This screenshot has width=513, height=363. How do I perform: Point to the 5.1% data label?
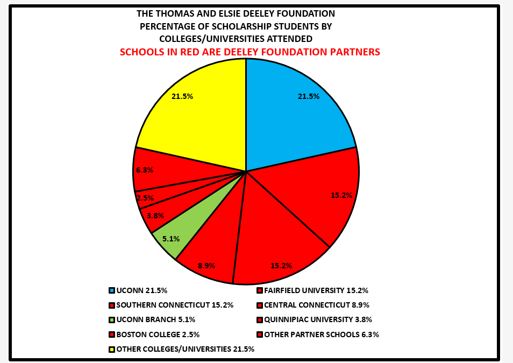coord(171,239)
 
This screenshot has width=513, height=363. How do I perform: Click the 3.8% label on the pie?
coord(155,216)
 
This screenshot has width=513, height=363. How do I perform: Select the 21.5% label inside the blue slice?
coord(309,96)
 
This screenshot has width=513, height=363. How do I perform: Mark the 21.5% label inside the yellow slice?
coord(182,96)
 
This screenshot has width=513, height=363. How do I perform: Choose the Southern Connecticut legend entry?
coord(175,305)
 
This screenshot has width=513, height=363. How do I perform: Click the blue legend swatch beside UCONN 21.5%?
coord(111,290)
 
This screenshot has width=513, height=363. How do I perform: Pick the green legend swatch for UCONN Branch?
coord(111,319)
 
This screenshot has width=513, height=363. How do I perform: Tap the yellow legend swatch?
coord(111,349)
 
